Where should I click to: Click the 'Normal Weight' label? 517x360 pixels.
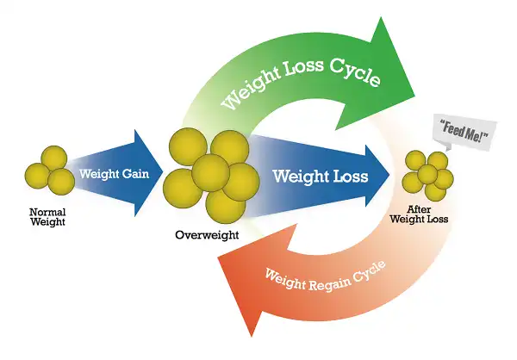47,216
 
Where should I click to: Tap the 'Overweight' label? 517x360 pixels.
207,235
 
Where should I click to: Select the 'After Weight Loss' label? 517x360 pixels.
419,214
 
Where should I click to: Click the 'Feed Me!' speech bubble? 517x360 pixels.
464,132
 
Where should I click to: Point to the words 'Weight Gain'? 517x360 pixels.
114,173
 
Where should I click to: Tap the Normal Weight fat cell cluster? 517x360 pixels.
49,171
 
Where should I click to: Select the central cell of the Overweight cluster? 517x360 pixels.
210,172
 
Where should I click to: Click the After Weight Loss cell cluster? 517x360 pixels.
428,176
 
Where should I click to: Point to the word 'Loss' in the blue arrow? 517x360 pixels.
351,176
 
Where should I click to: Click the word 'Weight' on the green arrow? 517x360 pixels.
251,89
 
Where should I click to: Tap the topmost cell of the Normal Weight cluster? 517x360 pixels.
54,158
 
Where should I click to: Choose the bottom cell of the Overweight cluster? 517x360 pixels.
226,205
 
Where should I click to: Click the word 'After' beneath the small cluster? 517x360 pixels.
419,209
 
